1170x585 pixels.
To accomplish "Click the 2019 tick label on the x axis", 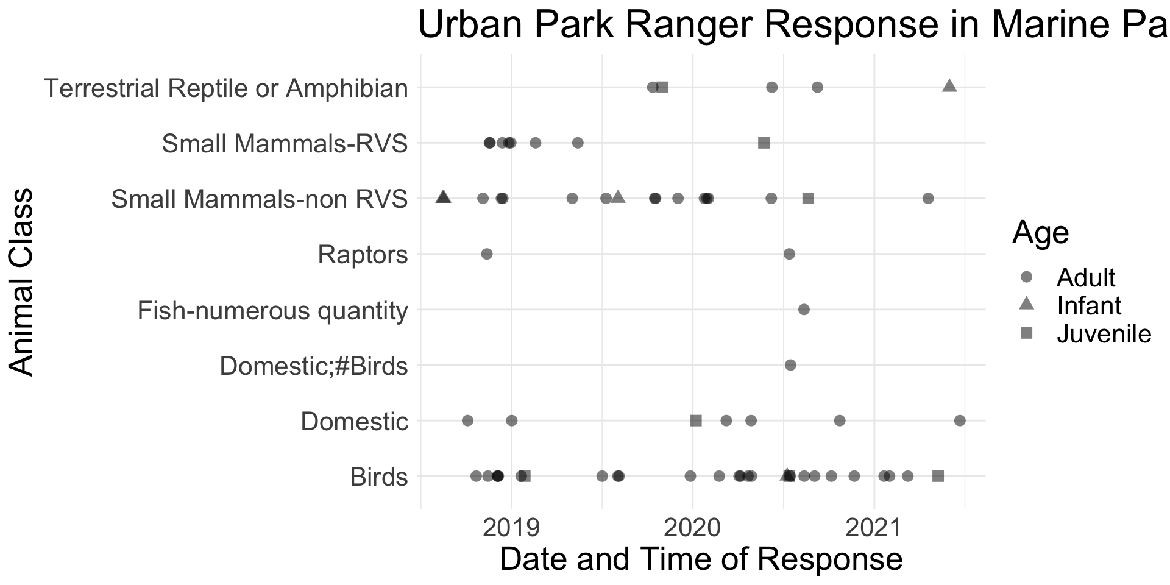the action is point(511,528).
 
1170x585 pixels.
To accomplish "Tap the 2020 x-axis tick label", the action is point(692,528).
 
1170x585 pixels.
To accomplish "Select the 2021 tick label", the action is point(874,528).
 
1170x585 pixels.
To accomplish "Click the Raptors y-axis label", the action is point(363,255).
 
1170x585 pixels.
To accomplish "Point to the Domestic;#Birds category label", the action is point(314,366).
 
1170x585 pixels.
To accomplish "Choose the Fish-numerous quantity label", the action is point(272,311).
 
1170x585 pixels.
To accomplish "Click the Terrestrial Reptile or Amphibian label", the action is point(226,88).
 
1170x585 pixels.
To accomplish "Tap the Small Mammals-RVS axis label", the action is point(285,144).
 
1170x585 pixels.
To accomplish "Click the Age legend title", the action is point(1041,233).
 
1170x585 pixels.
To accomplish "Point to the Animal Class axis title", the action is point(22,282).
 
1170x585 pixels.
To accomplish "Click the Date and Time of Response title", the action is point(701,559).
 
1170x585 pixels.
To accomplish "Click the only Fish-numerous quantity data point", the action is point(804,310).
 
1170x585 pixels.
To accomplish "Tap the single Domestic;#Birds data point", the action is point(790,365).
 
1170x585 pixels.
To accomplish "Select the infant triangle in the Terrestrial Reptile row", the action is point(949,86).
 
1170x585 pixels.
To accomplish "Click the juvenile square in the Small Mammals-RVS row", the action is point(764,143).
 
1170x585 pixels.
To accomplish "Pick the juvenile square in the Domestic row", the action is point(696,420).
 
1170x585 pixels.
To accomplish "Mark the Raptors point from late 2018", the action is point(487,253).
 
